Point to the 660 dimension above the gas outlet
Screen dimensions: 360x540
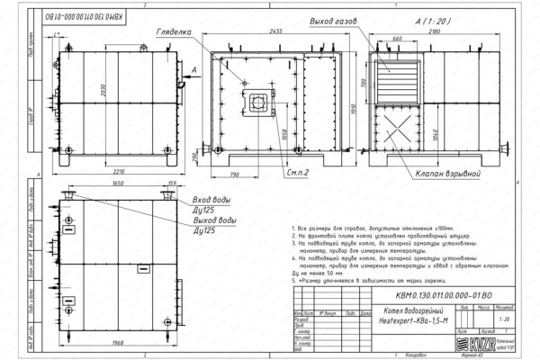[396, 40]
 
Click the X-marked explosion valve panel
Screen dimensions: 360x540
[397, 128]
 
